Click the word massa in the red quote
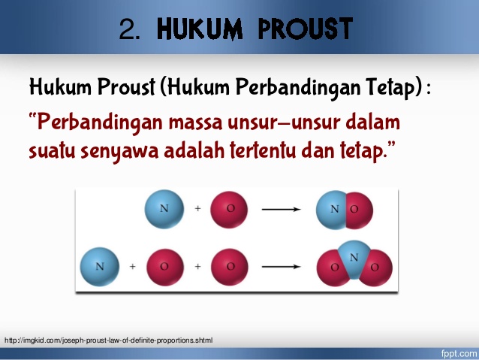200,122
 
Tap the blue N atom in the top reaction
164,208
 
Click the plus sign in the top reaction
197,209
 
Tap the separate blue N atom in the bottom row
99,267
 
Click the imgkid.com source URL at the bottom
109,340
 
